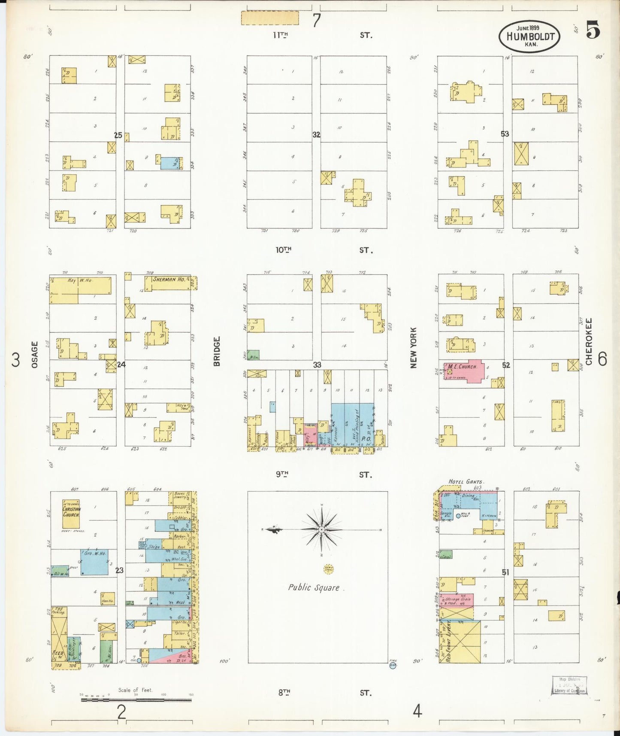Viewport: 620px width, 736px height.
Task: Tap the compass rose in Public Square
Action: coord(322,529)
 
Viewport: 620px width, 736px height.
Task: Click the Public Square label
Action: coord(314,587)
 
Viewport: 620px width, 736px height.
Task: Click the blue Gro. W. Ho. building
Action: coord(94,561)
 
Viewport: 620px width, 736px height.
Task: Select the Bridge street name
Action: coord(217,351)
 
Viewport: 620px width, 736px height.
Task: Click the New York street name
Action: coord(413,348)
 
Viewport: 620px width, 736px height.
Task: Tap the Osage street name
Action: coord(34,354)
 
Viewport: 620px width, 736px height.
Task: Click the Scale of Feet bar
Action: coord(136,700)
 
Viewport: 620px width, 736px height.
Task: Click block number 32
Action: coord(316,135)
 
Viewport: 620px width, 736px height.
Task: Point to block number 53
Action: coord(505,134)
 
